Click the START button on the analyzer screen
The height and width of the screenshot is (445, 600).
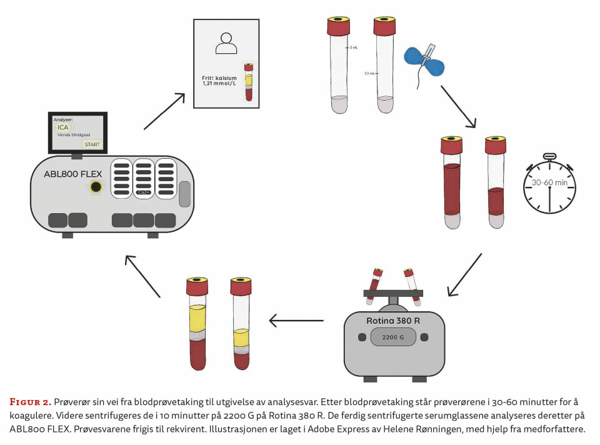pyautogui.click(x=92, y=144)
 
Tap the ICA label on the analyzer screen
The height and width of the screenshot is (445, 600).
pyautogui.click(x=64, y=127)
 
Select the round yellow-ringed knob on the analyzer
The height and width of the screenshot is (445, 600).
pyautogui.click(x=96, y=186)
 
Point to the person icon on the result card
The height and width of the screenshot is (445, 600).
pyautogui.click(x=226, y=42)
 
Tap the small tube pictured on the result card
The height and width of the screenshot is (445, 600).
pyautogui.click(x=249, y=82)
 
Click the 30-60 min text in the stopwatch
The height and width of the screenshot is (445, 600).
pyautogui.click(x=549, y=183)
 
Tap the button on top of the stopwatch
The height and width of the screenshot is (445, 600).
pyautogui.click(x=549, y=156)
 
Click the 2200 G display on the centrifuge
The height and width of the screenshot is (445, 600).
pyautogui.click(x=394, y=337)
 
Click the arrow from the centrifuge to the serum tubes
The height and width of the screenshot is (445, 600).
pyautogui.click(x=296, y=321)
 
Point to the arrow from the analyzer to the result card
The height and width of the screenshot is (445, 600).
pyautogui.click(x=164, y=111)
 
